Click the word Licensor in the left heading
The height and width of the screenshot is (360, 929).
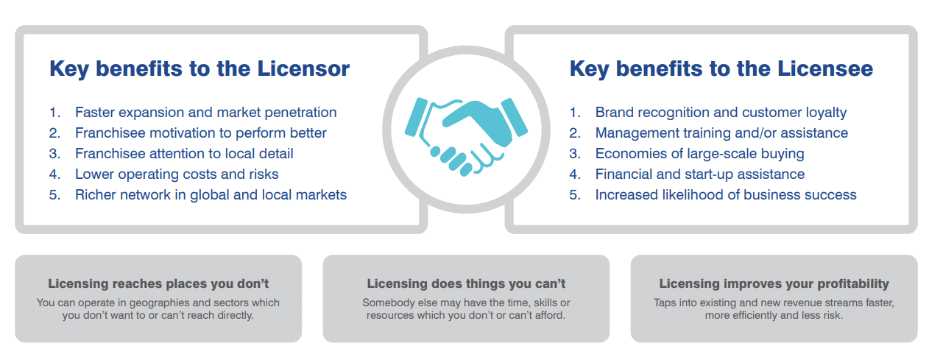tap(303, 68)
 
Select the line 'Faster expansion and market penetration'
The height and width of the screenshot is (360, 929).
tap(205, 113)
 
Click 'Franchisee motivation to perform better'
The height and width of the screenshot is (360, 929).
tap(201, 133)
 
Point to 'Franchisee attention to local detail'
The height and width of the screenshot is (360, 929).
tap(184, 153)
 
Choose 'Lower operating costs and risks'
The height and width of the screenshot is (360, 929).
tap(177, 174)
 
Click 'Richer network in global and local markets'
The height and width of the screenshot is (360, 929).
tap(211, 194)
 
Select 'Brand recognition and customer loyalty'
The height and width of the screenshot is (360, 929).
tap(721, 113)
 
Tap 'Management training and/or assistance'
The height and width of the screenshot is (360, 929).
tap(721, 133)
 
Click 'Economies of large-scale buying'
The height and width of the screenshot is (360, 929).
tap(699, 153)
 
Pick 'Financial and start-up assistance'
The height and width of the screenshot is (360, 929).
tap(699, 174)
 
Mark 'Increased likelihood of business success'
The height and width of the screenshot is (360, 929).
tap(726, 194)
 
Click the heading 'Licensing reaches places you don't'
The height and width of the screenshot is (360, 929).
tap(158, 283)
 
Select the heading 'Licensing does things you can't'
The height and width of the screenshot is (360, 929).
tap(466, 283)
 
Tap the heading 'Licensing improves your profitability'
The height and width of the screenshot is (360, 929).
tap(774, 283)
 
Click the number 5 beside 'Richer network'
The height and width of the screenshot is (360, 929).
tap(54, 195)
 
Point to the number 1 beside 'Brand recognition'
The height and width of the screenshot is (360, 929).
tap(575, 113)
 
